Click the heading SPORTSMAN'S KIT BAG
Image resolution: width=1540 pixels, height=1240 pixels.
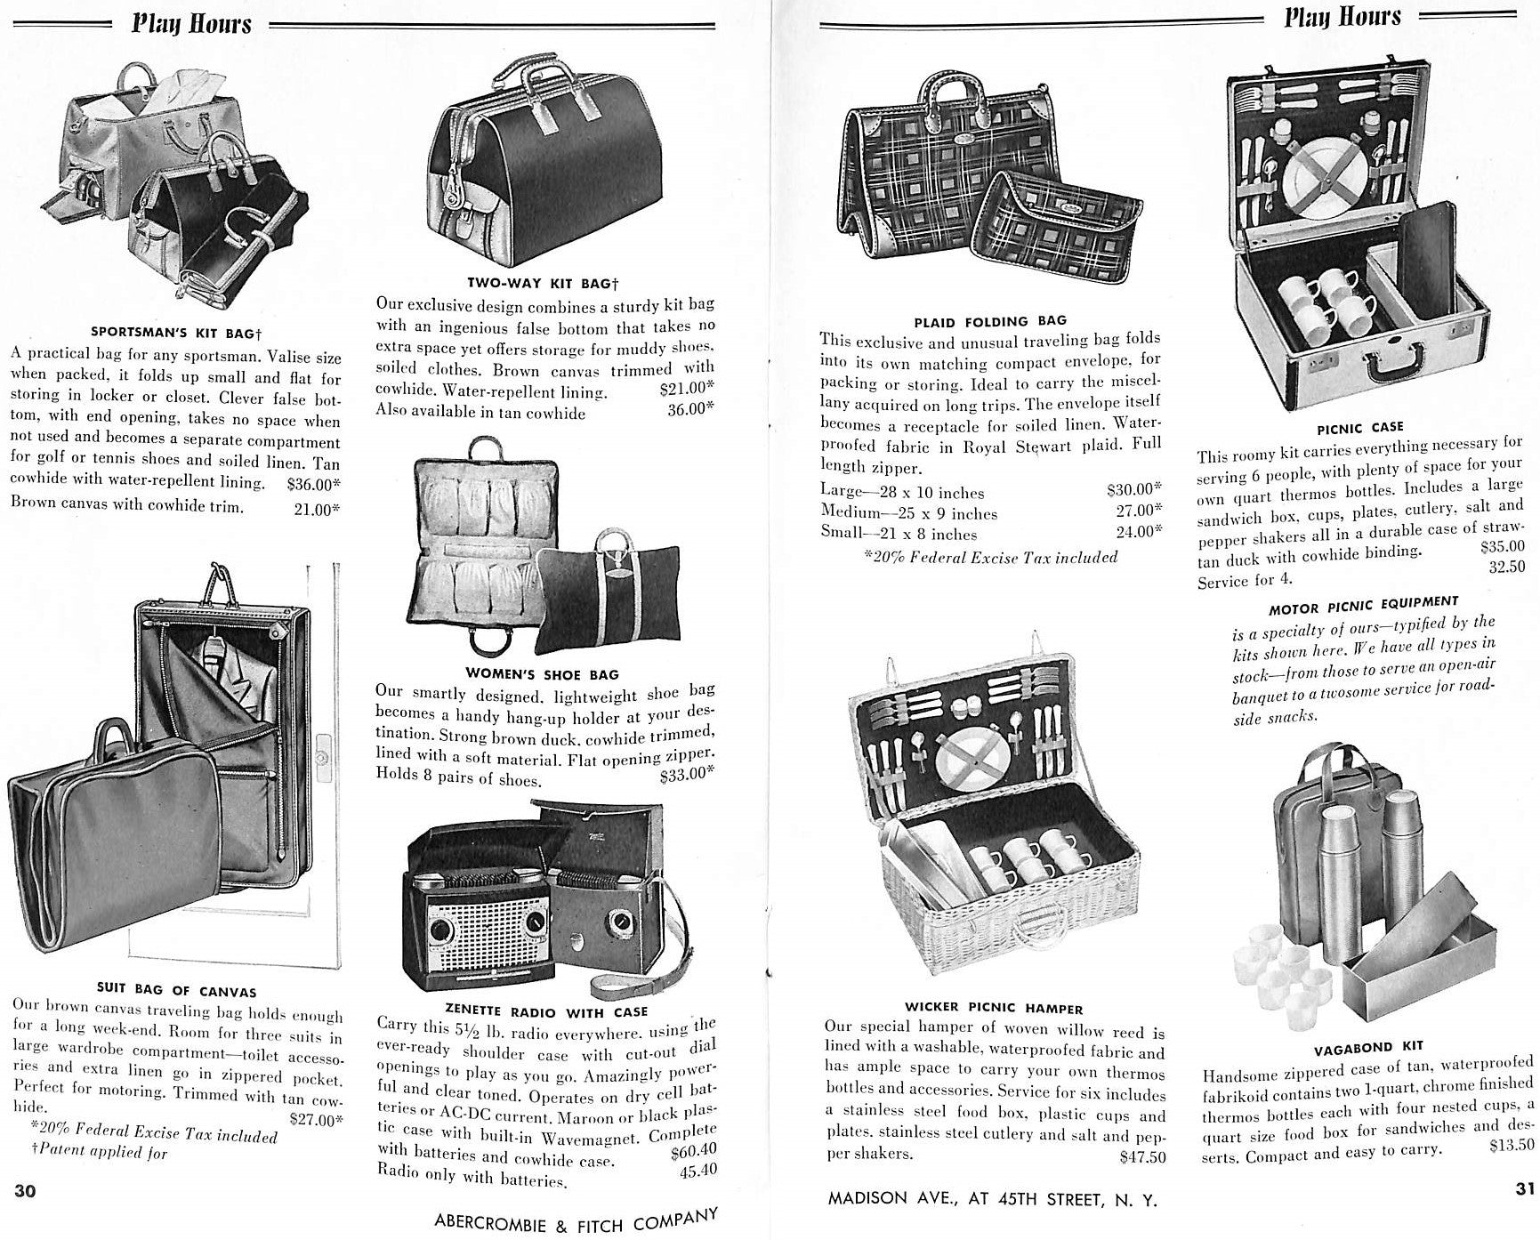[176, 334]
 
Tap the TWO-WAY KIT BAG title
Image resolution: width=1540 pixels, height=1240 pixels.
[542, 283]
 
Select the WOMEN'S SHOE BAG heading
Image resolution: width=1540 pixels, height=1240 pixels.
[542, 674]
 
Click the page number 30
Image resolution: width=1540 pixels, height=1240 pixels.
[26, 1191]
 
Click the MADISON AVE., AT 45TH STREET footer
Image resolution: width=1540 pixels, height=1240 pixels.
[992, 1199]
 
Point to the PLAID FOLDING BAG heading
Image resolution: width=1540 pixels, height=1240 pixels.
[990, 320]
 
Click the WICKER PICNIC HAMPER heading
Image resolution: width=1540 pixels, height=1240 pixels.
[994, 1008]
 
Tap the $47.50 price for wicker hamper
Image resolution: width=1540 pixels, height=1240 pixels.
[1142, 1157]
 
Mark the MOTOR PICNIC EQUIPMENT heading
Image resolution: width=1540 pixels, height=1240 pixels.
[1363, 606]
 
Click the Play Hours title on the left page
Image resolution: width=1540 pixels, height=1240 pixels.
[191, 24]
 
